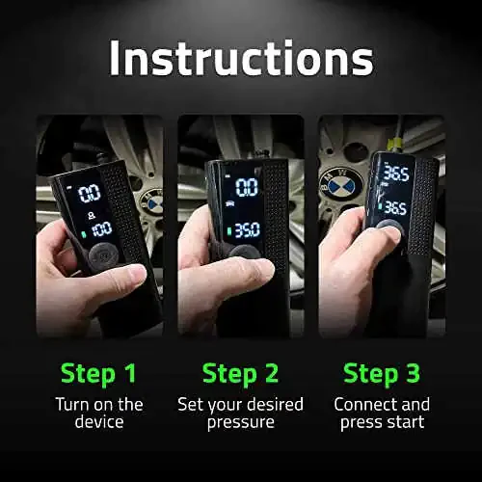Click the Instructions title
click(x=241, y=59)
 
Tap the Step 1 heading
click(x=98, y=374)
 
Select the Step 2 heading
click(x=240, y=374)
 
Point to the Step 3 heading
click(x=382, y=374)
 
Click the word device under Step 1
click(x=99, y=421)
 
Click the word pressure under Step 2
click(x=241, y=423)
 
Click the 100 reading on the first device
click(x=102, y=229)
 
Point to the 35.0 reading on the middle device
click(x=247, y=230)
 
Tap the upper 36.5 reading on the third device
click(x=396, y=174)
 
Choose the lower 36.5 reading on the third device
click(x=395, y=207)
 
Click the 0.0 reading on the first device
click(x=90, y=194)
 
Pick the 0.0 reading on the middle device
click(x=247, y=187)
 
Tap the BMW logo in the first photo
click(x=153, y=202)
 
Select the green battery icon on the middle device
click(x=229, y=231)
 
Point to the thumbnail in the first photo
click(x=137, y=275)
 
